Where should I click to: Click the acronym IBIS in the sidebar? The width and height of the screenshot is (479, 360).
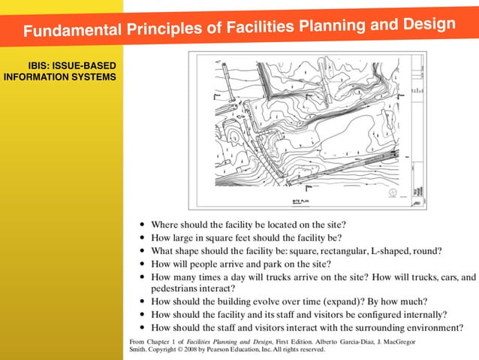coord(39,65)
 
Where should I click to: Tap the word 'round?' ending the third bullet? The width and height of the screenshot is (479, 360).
coord(427,251)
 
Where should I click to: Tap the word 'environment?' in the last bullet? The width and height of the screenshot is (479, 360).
coord(435,328)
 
